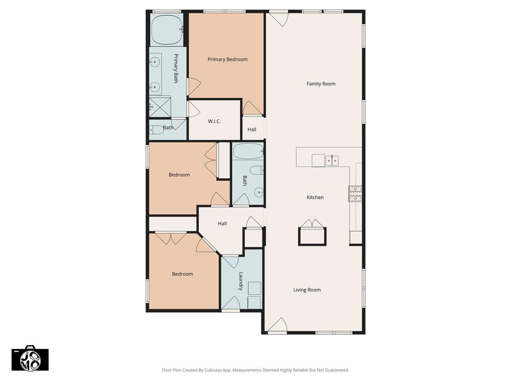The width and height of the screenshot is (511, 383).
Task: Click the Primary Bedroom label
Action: coord(228,59)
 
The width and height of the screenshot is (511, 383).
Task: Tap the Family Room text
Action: coord(321,84)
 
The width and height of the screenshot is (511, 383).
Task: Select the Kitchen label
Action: coord(315,197)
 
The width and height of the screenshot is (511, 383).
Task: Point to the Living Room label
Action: coord(307,290)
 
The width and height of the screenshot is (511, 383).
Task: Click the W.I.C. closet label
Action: coord(215,121)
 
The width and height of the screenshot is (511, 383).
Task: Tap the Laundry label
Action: coord(241,281)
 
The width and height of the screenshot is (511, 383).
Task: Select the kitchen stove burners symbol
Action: coord(355,194)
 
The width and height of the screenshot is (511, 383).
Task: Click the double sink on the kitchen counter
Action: coord(332,161)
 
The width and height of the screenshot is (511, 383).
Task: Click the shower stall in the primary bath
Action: coord(160,107)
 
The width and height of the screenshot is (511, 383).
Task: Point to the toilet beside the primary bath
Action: coord(157,130)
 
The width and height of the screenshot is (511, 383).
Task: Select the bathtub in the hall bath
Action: coord(248,152)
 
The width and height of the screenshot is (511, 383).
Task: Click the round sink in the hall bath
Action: coord(259,193)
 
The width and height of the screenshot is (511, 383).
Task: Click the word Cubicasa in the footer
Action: coord(214,370)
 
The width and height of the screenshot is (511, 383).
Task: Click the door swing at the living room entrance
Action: coord(277,325)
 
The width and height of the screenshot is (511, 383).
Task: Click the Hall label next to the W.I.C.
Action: coord(252,129)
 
